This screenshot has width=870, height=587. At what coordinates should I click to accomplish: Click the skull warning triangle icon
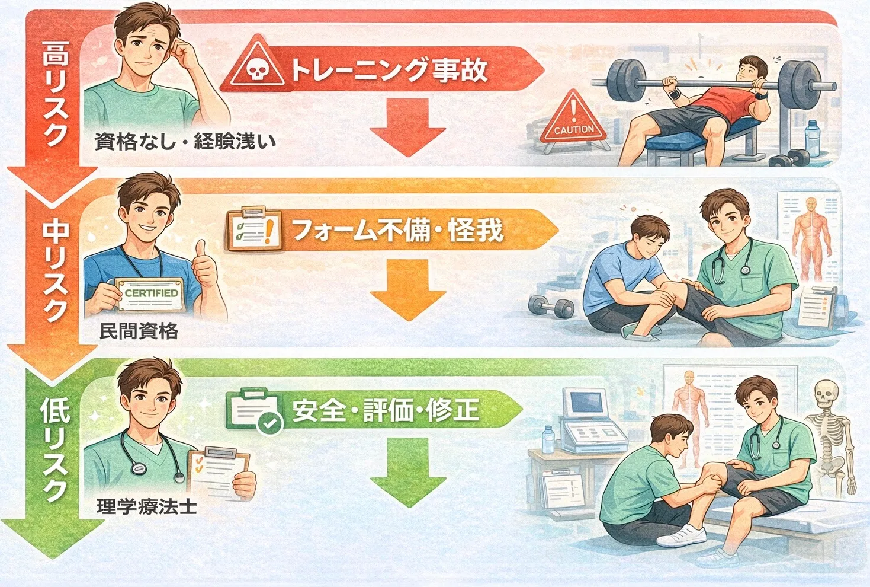[x=256, y=62]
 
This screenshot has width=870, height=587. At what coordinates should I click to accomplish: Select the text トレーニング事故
[x=389, y=71]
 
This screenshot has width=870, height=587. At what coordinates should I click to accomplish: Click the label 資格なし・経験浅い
[x=185, y=141]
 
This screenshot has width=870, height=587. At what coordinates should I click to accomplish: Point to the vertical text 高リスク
[x=56, y=93]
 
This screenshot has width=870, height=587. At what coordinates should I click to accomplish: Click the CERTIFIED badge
[x=150, y=294]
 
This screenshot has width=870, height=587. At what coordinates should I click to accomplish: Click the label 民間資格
[x=139, y=331]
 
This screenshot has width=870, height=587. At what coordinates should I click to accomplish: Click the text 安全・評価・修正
[x=385, y=410]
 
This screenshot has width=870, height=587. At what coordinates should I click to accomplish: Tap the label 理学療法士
[x=146, y=506]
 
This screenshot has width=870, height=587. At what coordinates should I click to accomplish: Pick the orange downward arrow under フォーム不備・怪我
[x=407, y=289]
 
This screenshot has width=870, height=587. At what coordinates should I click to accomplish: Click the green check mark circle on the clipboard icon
[x=269, y=423]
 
